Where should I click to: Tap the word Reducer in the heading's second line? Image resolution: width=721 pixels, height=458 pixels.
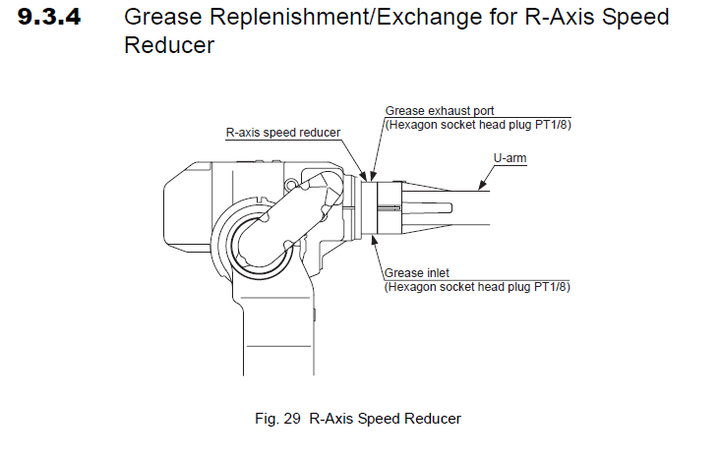tap(170, 45)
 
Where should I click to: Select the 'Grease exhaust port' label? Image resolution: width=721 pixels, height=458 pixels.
tap(434, 111)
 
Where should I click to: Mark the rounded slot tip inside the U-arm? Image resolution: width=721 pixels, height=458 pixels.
tap(450, 206)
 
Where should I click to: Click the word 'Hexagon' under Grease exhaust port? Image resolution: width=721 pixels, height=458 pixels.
tap(410, 124)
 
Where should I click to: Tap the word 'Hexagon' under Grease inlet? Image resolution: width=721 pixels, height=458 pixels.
tap(410, 287)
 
